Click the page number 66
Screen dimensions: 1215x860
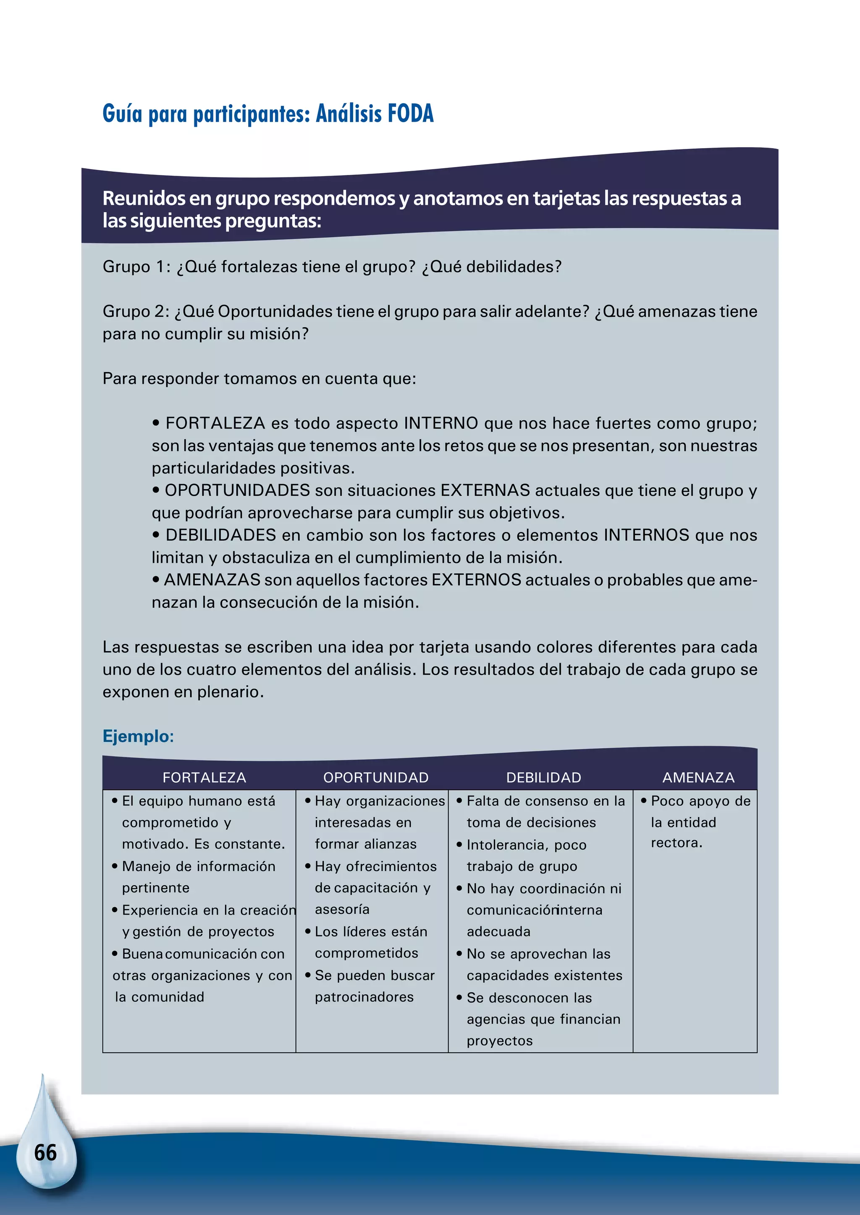45,1152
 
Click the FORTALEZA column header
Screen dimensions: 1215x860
205,777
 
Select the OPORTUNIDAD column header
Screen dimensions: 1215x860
376,777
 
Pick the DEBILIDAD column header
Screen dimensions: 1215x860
543,777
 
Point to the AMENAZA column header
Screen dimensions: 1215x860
698,777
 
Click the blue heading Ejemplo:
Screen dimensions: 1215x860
138,736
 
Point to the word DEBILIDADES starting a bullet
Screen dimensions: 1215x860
221,535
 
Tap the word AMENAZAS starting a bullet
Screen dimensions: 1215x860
212,580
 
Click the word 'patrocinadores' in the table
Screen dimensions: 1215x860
364,997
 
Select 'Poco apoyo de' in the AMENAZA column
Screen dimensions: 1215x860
700,801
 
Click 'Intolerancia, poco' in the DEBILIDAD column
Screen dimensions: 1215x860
527,845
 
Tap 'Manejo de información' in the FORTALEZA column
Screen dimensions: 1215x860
199,866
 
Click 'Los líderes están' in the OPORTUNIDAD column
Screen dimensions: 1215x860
371,931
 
